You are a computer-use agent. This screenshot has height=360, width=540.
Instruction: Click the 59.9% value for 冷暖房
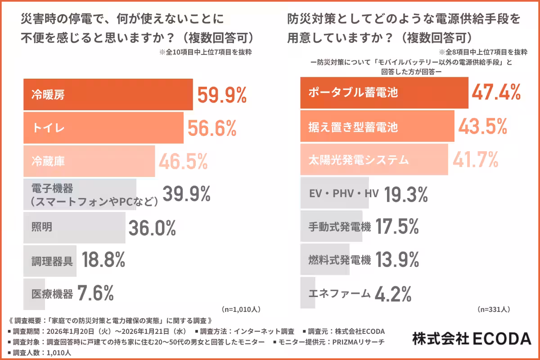pyautogui.click(x=222, y=95)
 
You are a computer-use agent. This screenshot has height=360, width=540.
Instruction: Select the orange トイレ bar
pyautogui.click(x=103, y=128)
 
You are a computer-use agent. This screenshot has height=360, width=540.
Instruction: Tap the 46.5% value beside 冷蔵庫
pyautogui.click(x=182, y=161)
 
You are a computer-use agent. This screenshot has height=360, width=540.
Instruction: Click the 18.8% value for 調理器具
pyautogui.click(x=103, y=260)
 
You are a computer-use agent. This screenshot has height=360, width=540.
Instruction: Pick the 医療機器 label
pyautogui.click(x=52, y=294)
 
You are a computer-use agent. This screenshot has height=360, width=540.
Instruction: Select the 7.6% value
pyautogui.click(x=95, y=293)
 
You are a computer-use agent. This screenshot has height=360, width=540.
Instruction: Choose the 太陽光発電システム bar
pyautogui.click(x=374, y=160)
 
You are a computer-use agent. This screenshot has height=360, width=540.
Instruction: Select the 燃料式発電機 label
pyautogui.click(x=340, y=260)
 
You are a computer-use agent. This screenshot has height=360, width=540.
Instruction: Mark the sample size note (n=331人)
pyautogui.click(x=493, y=309)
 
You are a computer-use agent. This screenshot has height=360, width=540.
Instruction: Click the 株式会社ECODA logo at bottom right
pyautogui.click(x=472, y=338)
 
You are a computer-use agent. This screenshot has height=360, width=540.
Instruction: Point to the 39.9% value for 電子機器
pyautogui.click(x=186, y=194)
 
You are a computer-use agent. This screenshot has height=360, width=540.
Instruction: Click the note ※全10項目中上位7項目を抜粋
pyautogui.click(x=205, y=52)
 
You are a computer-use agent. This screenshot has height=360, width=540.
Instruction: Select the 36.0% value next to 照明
pyautogui.click(x=152, y=228)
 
